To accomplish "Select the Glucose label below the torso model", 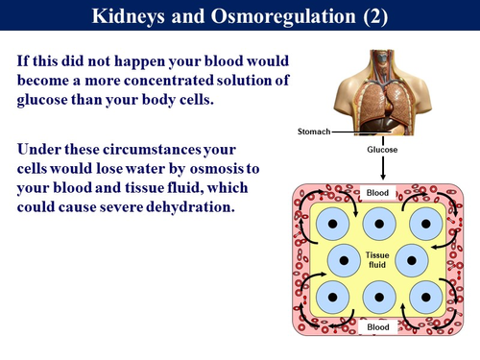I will (381, 149).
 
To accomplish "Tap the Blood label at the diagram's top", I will (380, 193).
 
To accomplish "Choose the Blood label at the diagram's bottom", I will (380, 327).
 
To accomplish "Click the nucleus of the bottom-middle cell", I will (380, 297).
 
